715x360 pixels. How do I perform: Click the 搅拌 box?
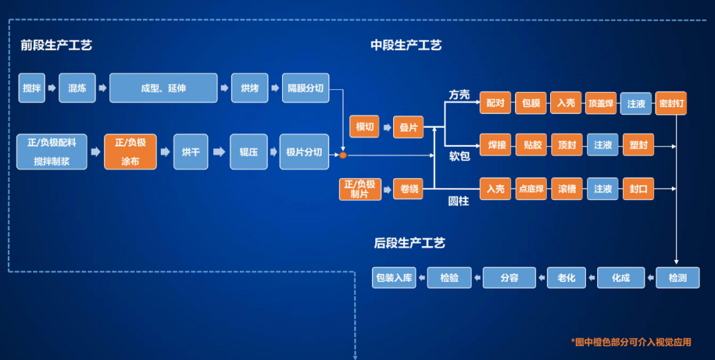[32, 88]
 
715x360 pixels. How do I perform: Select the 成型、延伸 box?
[164, 88]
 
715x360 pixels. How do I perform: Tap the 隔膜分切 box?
[305, 88]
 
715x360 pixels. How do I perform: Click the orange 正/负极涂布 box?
[130, 152]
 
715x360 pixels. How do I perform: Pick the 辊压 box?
[249, 152]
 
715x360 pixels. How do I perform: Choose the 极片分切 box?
[304, 152]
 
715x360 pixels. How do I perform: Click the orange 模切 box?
[365, 126]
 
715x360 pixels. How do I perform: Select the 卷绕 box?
[409, 189]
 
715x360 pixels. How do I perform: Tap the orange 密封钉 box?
[672, 103]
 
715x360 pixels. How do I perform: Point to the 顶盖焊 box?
[600, 103]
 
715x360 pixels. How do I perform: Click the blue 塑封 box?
[639, 144]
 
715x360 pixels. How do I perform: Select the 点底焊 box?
[532, 189]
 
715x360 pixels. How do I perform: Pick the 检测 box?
[677, 277]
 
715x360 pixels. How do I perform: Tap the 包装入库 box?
[394, 277]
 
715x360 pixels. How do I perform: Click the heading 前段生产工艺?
[56, 46]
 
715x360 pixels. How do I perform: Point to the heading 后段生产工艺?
[409, 243]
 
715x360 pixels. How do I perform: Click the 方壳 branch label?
[459, 95]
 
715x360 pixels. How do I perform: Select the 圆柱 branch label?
[458, 201]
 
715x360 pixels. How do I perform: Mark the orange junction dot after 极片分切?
[343, 156]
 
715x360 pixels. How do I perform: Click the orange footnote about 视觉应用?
[631, 342]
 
